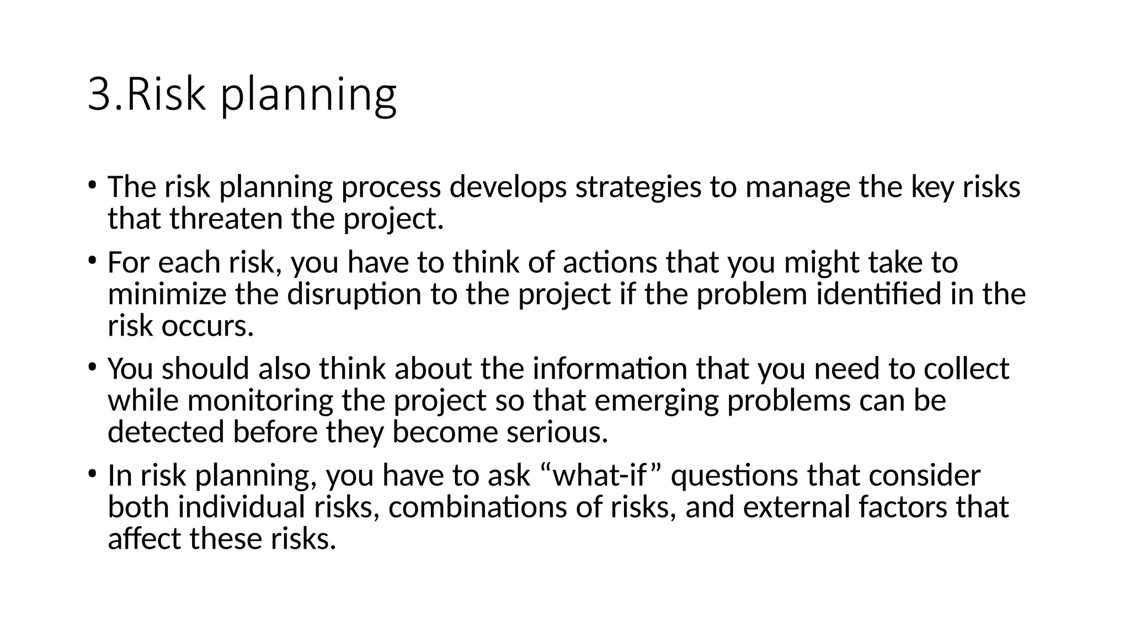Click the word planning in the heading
pos(309,95)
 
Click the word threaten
pos(226,219)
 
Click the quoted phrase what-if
pos(599,475)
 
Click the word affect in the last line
pos(145,539)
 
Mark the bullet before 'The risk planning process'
pos(92,184)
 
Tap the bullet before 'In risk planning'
pos(92,473)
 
